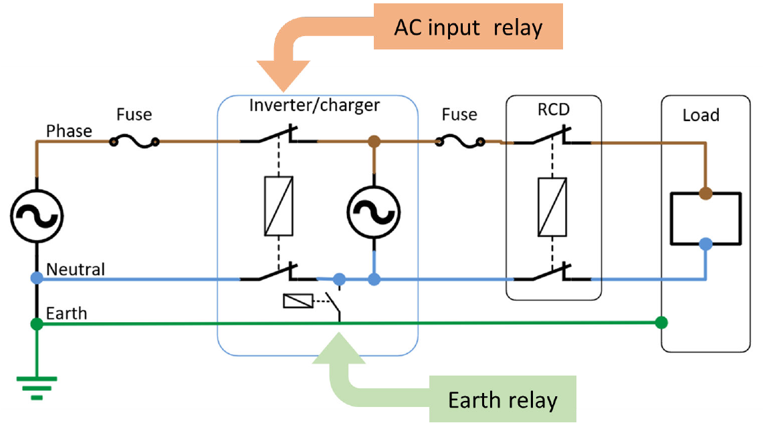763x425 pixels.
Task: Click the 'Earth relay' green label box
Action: coord(502,400)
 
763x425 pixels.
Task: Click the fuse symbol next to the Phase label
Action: coord(134,141)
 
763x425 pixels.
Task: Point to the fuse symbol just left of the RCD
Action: coord(459,141)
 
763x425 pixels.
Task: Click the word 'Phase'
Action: coord(69,131)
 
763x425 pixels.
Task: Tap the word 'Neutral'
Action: coord(76,269)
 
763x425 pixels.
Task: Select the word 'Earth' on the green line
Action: coord(66,313)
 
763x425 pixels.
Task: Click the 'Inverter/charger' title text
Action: coord(314,105)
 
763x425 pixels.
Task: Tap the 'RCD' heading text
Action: coord(554,110)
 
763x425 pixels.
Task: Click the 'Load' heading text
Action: coord(701,115)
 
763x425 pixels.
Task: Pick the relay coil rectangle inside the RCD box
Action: coord(552,206)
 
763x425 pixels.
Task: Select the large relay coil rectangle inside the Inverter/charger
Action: coord(278,206)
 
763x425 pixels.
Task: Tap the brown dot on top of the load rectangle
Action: coord(705,194)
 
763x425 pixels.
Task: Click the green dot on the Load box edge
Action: coord(661,323)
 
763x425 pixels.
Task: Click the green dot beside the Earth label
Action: coord(37,324)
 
